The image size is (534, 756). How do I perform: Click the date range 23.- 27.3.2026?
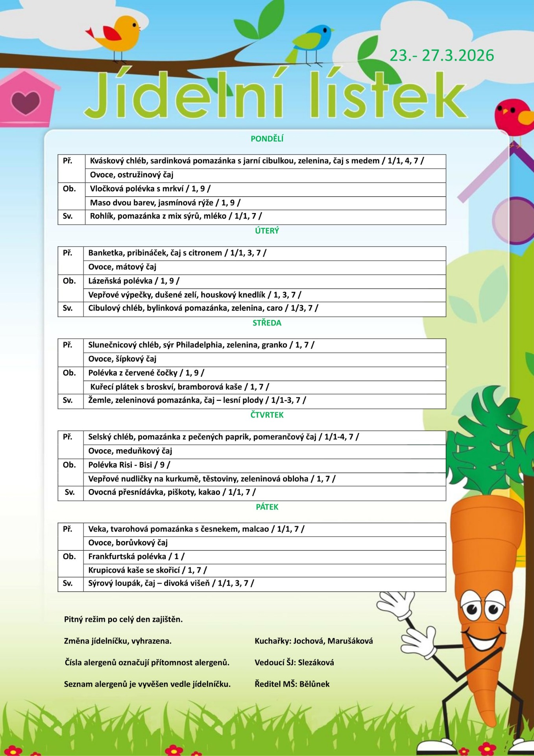(442, 56)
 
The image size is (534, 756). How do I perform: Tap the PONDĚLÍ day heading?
(267, 139)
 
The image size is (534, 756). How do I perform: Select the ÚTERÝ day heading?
(267, 231)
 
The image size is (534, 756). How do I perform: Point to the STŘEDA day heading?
(267, 323)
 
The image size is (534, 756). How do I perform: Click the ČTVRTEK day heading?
(267, 415)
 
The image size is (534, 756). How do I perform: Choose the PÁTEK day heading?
(267, 507)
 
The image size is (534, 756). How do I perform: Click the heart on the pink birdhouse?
(25, 102)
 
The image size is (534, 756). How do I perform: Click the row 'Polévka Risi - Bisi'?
(129, 465)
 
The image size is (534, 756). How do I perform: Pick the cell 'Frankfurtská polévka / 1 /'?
(136, 556)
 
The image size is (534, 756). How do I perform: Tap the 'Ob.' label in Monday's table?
(69, 189)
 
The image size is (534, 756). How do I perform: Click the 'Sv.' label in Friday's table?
(68, 583)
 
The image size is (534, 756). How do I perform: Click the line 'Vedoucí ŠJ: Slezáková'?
(294, 662)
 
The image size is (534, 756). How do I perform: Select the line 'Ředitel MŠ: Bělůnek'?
(292, 684)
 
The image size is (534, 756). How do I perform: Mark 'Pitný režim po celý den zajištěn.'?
(123, 619)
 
